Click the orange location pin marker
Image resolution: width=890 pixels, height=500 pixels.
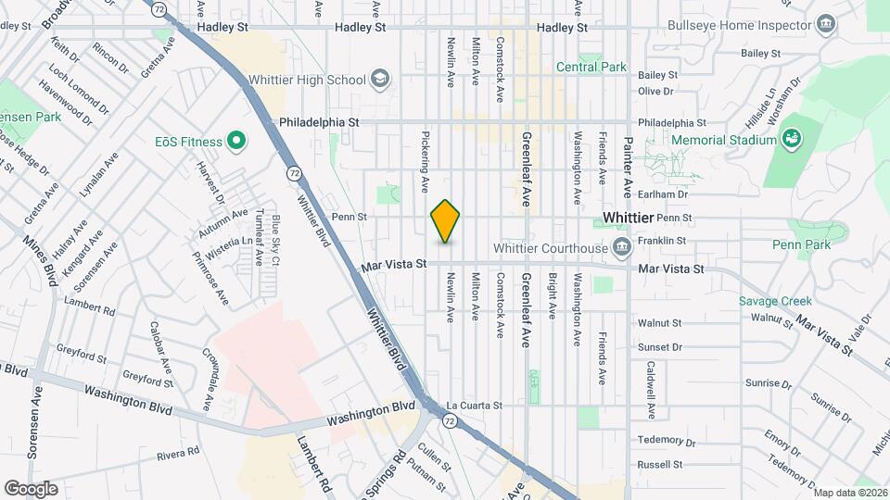446,221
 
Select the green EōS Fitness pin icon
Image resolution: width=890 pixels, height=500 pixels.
236,142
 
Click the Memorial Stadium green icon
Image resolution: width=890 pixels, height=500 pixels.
791,140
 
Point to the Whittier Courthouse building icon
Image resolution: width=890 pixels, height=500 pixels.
621,247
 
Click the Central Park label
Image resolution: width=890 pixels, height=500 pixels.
591,67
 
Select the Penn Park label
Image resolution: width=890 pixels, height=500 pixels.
801,244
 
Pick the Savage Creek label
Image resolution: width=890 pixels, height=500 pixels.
775,301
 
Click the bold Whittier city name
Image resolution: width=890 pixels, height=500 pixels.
628,217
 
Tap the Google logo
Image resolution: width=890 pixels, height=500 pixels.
30,489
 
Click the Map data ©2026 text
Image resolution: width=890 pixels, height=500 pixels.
850,492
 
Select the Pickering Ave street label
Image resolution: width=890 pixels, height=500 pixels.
425,160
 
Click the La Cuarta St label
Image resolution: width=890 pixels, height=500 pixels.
474,406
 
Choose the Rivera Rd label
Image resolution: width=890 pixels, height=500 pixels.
179,454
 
